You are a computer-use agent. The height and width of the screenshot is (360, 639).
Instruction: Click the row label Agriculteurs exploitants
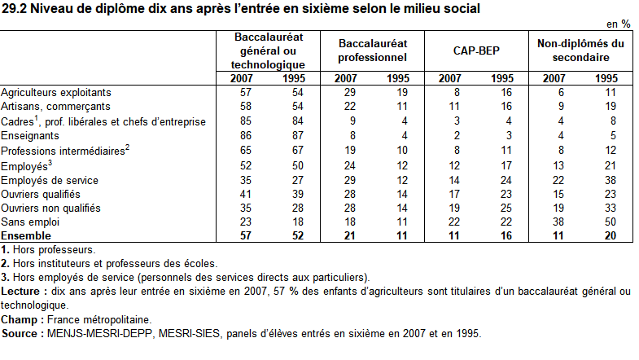(x=56, y=93)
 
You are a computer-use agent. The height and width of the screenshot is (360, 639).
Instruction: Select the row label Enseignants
(x=30, y=136)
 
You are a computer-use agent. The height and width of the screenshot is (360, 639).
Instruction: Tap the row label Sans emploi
(x=28, y=222)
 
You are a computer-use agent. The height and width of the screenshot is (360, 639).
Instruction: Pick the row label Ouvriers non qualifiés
(x=50, y=208)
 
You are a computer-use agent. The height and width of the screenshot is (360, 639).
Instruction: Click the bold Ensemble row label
(x=27, y=235)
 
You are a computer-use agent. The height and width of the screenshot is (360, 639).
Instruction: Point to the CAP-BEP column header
(x=477, y=50)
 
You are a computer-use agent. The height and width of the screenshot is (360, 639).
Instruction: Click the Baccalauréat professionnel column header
(x=372, y=50)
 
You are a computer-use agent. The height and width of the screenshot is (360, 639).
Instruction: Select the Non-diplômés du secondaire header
(x=580, y=50)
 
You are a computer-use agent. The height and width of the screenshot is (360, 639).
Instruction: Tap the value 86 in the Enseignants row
(x=242, y=136)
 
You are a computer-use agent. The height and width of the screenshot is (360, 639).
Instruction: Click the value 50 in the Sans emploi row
(x=606, y=222)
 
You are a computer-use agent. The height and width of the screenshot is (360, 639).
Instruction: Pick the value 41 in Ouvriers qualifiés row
(x=242, y=193)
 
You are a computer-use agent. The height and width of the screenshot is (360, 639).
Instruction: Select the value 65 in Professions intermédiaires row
(x=242, y=150)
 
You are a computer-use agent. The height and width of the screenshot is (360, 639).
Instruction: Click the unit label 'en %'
(x=619, y=24)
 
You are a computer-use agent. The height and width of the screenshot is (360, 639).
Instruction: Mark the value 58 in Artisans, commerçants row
(x=242, y=107)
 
